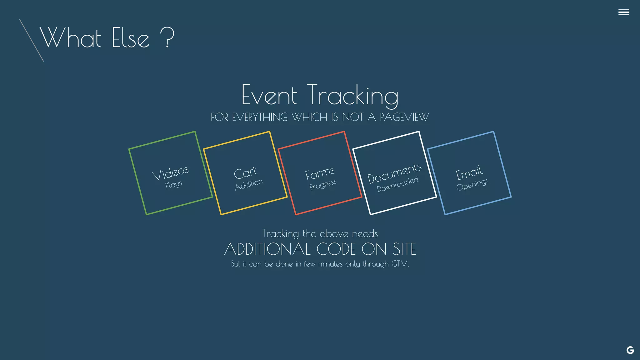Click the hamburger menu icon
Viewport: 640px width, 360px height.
(623, 12)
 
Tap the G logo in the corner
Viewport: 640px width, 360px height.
(630, 350)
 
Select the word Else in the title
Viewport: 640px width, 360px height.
(130, 38)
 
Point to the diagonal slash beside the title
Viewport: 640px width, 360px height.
(31, 40)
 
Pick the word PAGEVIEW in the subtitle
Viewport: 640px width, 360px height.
(404, 117)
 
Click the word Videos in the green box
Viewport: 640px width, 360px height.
(170, 173)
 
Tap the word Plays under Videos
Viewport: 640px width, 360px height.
(173, 185)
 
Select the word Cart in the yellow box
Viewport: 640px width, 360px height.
(245, 173)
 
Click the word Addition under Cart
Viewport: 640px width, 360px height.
(249, 184)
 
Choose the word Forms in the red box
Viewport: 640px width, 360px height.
(320, 173)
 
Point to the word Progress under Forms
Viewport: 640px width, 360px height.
(323, 184)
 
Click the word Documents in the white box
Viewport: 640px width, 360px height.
(394, 173)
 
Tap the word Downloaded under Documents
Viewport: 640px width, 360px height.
(397, 184)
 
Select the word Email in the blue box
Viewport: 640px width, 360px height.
(469, 173)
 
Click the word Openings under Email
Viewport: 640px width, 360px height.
(472, 184)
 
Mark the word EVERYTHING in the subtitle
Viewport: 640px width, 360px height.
(260, 117)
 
